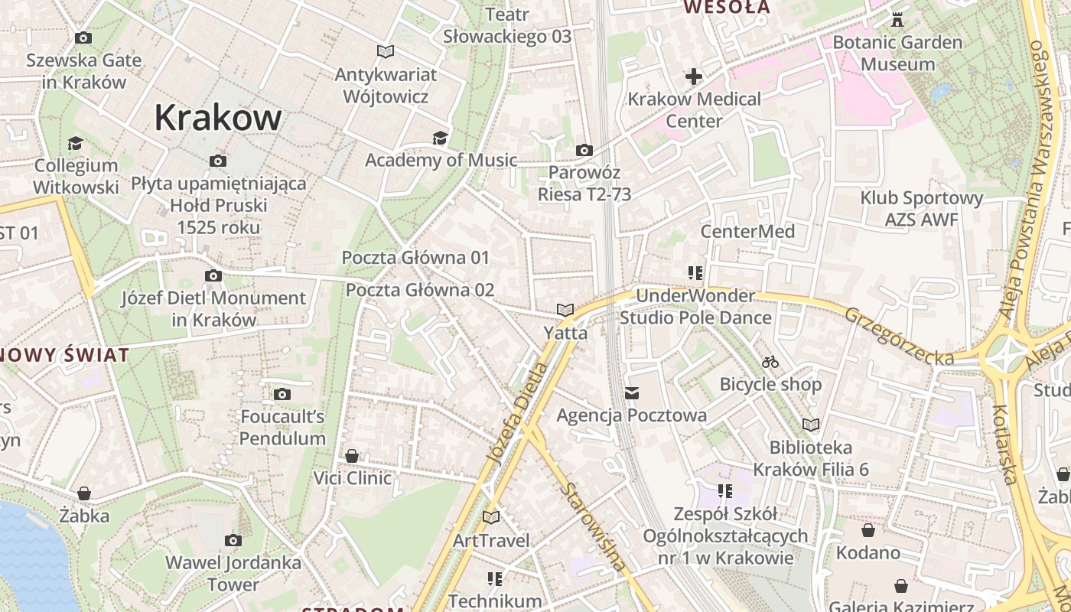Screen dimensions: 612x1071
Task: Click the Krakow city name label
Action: click(x=218, y=118)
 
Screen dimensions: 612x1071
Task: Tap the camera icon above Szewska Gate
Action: click(x=83, y=37)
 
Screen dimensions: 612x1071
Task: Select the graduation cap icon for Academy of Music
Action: click(x=440, y=138)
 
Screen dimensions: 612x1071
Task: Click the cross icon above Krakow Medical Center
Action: click(x=694, y=76)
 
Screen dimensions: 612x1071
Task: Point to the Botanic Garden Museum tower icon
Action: click(x=897, y=19)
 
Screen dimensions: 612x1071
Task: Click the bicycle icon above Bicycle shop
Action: click(x=770, y=362)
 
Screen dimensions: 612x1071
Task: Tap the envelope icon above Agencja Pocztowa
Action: click(x=632, y=393)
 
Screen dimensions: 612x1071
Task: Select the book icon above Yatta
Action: click(x=565, y=310)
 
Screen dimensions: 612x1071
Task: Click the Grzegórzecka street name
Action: click(x=900, y=336)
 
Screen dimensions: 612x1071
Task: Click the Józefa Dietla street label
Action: click(x=518, y=413)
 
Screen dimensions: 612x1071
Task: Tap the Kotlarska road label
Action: click(x=1004, y=444)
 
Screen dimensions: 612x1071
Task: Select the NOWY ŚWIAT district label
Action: click(x=65, y=355)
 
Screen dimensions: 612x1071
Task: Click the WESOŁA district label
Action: click(x=727, y=8)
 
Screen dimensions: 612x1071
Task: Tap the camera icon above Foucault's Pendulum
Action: click(x=282, y=395)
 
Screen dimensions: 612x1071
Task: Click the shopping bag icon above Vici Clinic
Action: click(x=352, y=456)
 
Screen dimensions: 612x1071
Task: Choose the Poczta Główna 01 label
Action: click(x=415, y=258)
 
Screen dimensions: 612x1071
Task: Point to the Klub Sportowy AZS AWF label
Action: click(x=921, y=209)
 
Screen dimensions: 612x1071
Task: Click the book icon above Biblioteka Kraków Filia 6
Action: click(x=811, y=425)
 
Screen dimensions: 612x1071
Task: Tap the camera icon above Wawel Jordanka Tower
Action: click(x=233, y=541)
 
